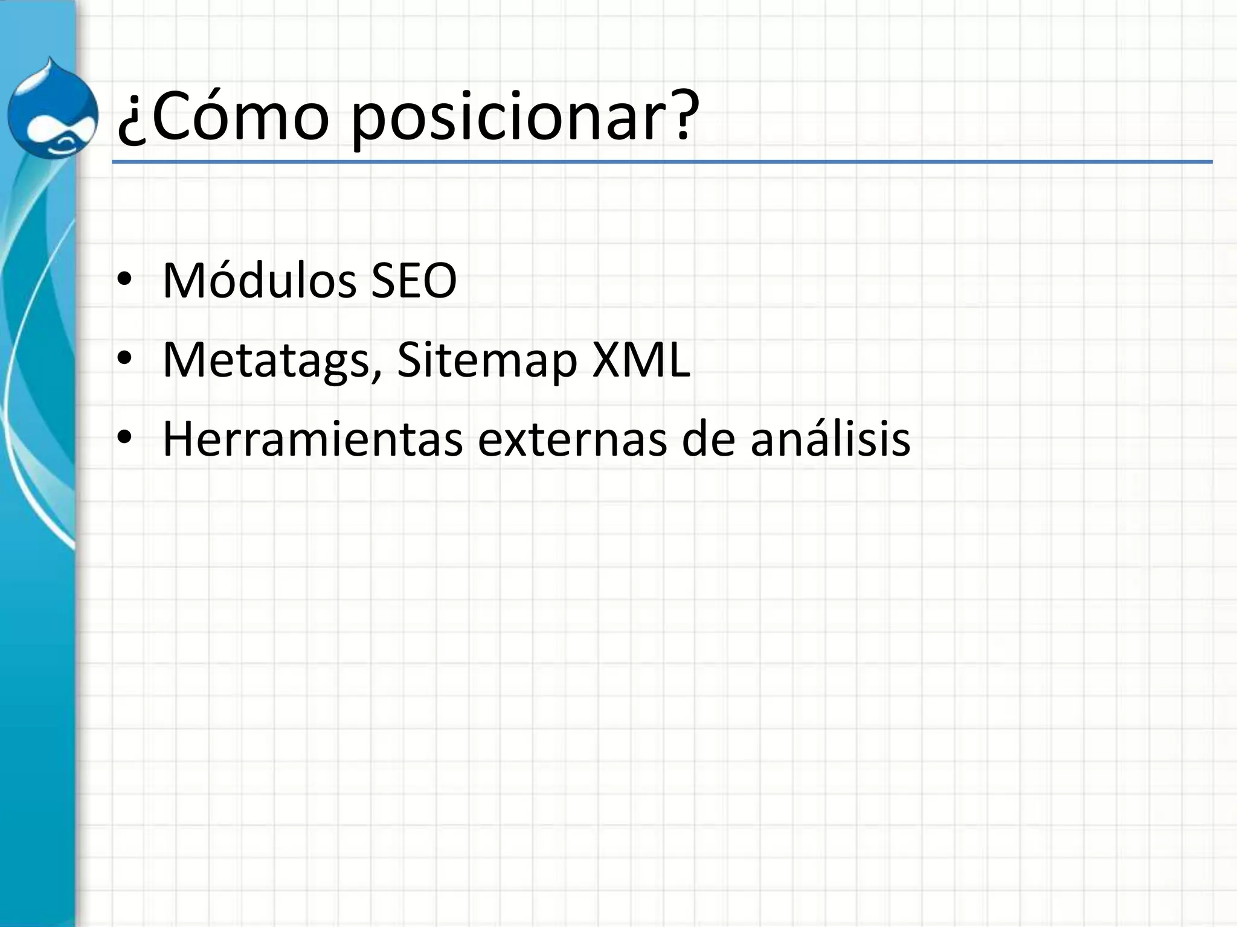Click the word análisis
pyautogui.click(x=830, y=439)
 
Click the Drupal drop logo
pyautogui.click(x=53, y=109)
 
